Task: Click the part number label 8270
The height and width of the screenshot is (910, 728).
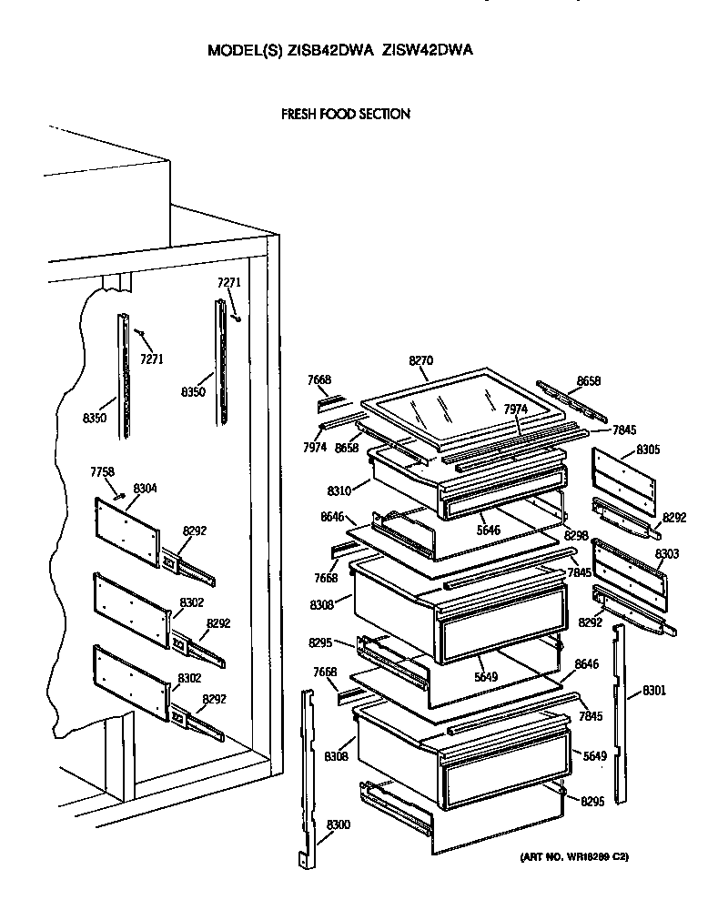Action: point(420,362)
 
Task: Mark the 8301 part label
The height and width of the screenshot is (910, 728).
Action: point(653,691)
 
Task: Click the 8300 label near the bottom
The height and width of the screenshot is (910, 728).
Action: point(338,824)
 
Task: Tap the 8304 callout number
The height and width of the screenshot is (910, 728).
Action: point(145,489)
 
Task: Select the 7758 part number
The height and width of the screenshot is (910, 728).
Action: point(103,471)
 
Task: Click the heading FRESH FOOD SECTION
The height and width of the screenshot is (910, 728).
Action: point(345,115)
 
